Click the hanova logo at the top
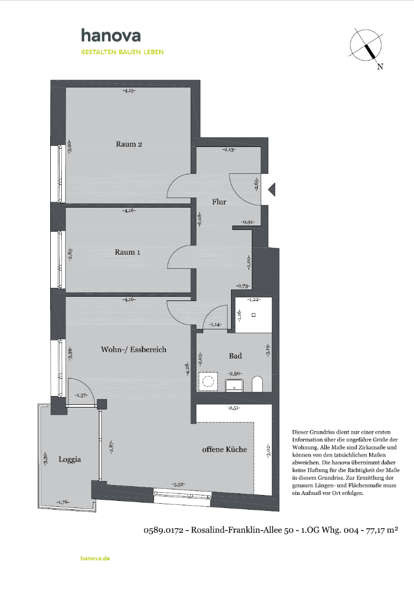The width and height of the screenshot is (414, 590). tap(111, 36)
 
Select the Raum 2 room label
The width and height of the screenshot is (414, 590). tap(129, 144)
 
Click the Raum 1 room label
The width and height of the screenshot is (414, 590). tap(128, 252)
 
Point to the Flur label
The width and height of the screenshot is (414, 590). tap(219, 202)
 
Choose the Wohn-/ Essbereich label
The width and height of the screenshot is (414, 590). tap(133, 349)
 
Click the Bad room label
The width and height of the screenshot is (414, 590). tap(235, 356)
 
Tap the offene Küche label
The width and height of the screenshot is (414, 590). tap(224, 449)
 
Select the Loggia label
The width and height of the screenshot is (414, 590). tap(70, 459)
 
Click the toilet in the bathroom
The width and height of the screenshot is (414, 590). tap(257, 383)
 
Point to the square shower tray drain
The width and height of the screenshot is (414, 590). tap(253, 315)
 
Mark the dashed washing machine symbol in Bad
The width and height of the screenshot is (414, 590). tap(208, 381)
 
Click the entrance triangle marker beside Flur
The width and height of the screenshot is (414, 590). tap(272, 189)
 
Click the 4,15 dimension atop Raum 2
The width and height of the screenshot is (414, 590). tap(129, 91)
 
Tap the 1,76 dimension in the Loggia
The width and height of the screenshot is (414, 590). tap(62, 502)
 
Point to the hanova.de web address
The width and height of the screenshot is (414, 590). tap(95, 558)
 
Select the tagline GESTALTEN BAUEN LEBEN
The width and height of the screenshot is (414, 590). tap(122, 52)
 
